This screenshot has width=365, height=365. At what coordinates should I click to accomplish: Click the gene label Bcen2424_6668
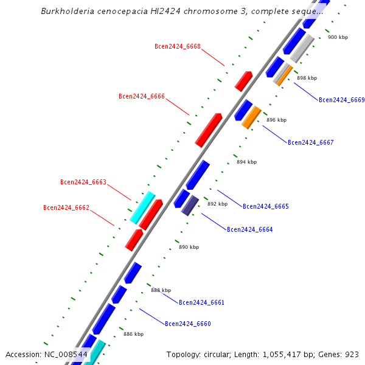pyautogui.click(x=178, y=46)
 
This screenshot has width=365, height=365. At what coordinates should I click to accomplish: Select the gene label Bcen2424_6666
pyautogui.click(x=142, y=96)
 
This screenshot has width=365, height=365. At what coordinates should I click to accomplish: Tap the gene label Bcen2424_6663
pyautogui.click(x=83, y=182)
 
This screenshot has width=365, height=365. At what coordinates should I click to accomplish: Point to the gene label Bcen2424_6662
pyautogui.click(x=66, y=207)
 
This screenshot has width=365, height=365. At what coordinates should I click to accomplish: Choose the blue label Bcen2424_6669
pyautogui.click(x=342, y=100)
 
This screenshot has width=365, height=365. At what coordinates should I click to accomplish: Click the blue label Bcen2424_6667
pyautogui.click(x=311, y=142)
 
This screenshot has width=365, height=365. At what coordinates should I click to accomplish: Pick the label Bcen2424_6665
pyautogui.click(x=266, y=206)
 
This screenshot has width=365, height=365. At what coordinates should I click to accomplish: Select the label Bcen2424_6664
pyautogui.click(x=250, y=229)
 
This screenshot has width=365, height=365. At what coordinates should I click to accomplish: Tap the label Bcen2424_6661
pyautogui.click(x=202, y=302)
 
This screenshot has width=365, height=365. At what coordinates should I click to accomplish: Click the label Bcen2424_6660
pyautogui.click(x=188, y=324)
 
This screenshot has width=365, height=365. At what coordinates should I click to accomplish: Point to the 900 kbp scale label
pyautogui.click(x=338, y=37)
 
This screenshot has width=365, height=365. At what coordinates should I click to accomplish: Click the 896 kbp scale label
pyautogui.click(x=276, y=120)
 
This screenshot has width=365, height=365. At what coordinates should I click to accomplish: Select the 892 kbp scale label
pyautogui.click(x=217, y=204)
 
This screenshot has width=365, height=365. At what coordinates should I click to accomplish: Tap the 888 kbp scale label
pyautogui.click(x=161, y=290)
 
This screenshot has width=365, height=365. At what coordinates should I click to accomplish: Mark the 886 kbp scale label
pyautogui.click(x=134, y=334)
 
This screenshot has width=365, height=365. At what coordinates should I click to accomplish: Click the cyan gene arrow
pyautogui.click(x=142, y=207)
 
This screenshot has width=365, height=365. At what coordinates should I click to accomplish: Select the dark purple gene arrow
pyautogui.click(x=190, y=205)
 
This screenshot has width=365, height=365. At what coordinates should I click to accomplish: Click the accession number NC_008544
pyautogui.click(x=66, y=354)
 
